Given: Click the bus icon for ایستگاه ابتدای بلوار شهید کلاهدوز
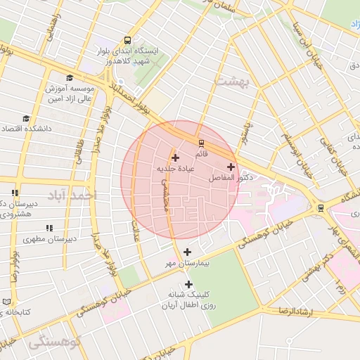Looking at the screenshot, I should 127,41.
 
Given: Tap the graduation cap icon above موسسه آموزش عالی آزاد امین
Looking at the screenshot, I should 70,77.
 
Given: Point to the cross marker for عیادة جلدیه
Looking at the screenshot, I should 175,157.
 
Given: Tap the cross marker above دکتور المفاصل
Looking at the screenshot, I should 231,167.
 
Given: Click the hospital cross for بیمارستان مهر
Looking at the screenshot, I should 186,252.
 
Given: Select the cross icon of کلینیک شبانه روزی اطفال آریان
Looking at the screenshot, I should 188,284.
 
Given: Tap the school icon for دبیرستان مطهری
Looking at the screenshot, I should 49,228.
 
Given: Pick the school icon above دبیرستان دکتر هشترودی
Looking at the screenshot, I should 15,193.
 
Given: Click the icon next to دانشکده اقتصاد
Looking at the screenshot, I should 26,118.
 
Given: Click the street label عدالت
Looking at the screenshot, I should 136,224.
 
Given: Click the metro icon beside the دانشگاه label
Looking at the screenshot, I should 321,207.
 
